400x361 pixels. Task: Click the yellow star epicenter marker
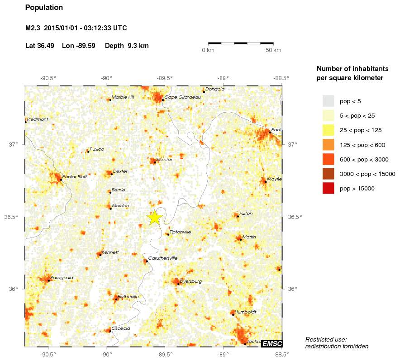click(x=154, y=217)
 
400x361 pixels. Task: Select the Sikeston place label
click(x=165, y=160)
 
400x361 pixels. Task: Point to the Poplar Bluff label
click(x=74, y=177)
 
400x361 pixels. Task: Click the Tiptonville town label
click(x=180, y=232)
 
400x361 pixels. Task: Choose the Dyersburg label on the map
click(x=190, y=281)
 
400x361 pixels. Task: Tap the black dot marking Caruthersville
click(x=147, y=261)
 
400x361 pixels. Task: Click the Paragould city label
click(x=62, y=277)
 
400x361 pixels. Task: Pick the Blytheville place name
click(x=129, y=296)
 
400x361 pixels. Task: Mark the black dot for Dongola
click(x=204, y=92)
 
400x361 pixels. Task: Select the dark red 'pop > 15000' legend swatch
click(x=328, y=189)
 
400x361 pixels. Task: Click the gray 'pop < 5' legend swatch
click(x=328, y=101)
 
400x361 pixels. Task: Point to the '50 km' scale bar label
click(x=273, y=50)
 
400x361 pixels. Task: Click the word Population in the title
click(x=44, y=8)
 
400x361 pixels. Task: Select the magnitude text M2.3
click(x=33, y=28)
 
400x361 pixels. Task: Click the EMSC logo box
click(x=271, y=344)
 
